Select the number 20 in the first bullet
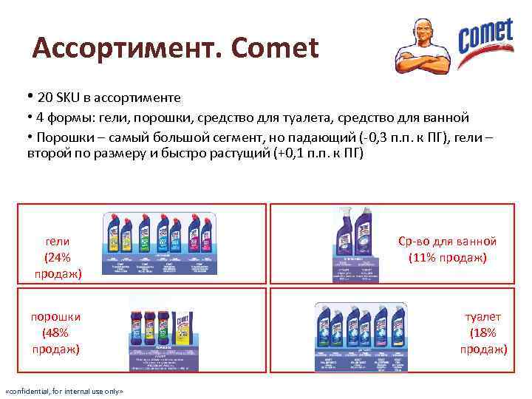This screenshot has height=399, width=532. click(x=44, y=98)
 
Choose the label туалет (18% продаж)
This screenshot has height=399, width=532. click(x=483, y=332)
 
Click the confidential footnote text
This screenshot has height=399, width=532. click(x=64, y=390)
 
